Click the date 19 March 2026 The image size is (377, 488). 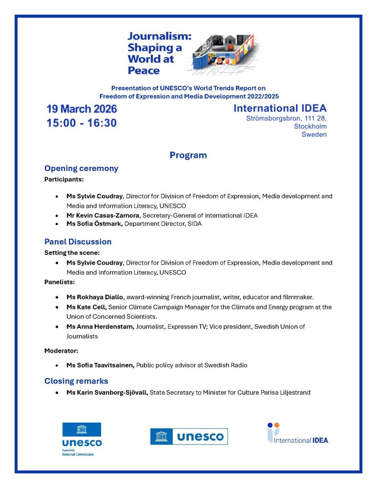pos(82,109)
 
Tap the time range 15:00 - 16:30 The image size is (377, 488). pos(82,123)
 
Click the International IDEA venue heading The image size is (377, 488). pos(280,109)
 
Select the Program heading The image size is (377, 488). pos(188,155)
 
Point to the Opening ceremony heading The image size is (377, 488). pos(81,168)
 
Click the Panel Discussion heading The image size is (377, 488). pos(78,242)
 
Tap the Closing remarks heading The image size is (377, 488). pos(76,381)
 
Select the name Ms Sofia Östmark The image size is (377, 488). pos(94,224)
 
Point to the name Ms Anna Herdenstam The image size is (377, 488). pos(101,326)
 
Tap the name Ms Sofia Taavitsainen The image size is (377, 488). pos(100,365)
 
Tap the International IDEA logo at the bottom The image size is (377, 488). pos(297,433)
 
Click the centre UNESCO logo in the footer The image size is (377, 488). pos(189,436)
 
